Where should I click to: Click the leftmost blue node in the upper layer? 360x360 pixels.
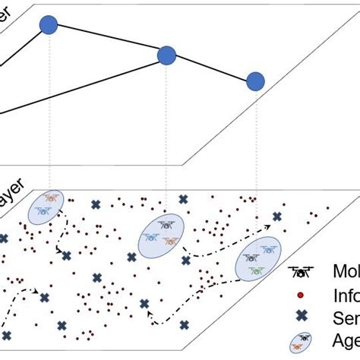[x=48, y=25]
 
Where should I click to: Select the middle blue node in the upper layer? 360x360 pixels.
[x=166, y=55]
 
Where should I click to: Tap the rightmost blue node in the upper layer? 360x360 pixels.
[x=256, y=81]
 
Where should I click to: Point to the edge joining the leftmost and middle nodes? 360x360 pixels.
[x=107, y=40]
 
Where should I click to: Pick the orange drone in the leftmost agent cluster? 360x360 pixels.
[x=51, y=198]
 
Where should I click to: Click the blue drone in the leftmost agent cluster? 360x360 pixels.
[x=43, y=210]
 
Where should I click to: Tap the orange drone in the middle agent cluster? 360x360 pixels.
[x=171, y=241]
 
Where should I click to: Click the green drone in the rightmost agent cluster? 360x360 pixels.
[x=257, y=270]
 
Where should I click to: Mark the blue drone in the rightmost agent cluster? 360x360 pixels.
[x=267, y=248]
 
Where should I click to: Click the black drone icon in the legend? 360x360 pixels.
[x=302, y=271]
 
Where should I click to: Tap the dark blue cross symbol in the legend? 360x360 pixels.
[x=302, y=317]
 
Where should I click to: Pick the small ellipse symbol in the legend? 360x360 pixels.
[x=302, y=340]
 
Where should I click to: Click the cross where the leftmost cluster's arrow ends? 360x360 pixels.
[x=67, y=256]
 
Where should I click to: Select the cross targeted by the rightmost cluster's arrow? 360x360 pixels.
[x=277, y=216]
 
